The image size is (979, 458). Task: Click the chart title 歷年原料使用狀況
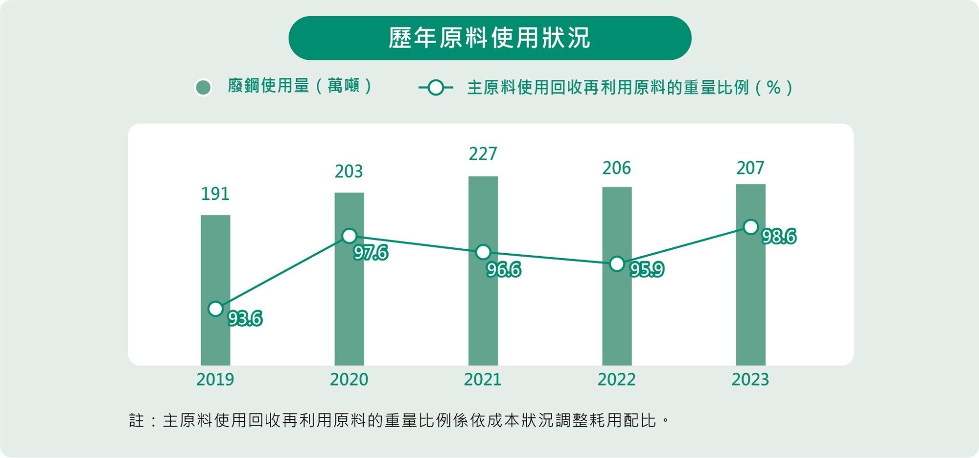489,38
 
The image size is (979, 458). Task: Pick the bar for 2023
750,294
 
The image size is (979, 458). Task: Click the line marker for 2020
349,236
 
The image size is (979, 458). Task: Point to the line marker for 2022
617,264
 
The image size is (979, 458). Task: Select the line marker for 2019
215,309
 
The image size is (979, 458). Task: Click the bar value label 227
483,154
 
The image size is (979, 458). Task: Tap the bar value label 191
215,194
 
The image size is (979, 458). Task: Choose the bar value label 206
617,169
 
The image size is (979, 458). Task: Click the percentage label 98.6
779,237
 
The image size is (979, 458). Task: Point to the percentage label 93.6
245,319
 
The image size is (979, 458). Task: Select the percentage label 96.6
503,270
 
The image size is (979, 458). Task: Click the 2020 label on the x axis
349,380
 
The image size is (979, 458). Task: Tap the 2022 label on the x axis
617,380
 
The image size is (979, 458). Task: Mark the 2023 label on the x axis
750,380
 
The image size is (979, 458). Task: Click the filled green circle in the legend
203,88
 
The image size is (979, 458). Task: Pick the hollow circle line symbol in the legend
435,88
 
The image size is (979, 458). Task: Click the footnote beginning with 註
399,420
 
